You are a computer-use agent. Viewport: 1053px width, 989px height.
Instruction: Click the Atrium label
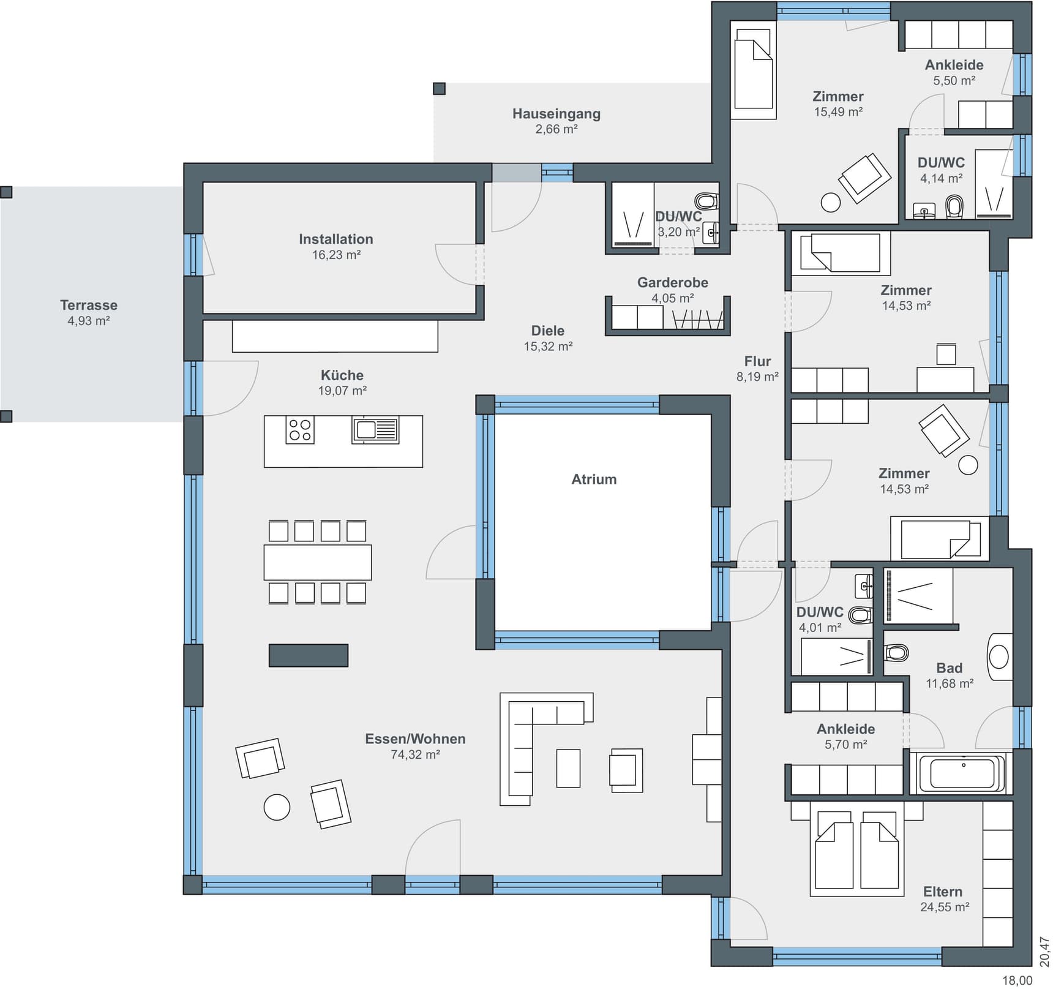(593, 479)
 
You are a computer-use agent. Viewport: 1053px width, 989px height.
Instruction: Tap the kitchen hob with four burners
(300, 430)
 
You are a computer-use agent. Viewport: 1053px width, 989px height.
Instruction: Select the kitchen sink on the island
(375, 430)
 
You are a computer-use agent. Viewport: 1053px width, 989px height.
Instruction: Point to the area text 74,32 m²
(415, 754)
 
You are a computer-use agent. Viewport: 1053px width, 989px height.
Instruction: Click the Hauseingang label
(556, 113)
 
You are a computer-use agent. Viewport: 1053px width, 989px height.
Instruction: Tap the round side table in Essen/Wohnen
(277, 807)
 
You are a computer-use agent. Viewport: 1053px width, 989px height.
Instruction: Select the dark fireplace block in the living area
(309, 655)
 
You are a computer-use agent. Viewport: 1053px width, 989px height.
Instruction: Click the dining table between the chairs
(317, 562)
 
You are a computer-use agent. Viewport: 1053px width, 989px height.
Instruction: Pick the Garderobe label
(672, 282)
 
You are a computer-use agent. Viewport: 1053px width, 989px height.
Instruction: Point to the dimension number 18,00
(1017, 980)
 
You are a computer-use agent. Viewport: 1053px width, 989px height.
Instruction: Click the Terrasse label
(88, 305)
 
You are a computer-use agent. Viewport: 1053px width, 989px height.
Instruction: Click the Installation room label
(335, 239)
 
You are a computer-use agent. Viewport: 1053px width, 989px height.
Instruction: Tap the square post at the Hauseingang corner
(439, 89)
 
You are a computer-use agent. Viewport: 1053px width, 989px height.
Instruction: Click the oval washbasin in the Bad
(999, 657)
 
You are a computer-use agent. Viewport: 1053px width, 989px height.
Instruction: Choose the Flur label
(757, 361)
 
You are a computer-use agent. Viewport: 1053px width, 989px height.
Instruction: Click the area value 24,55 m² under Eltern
(945, 907)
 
